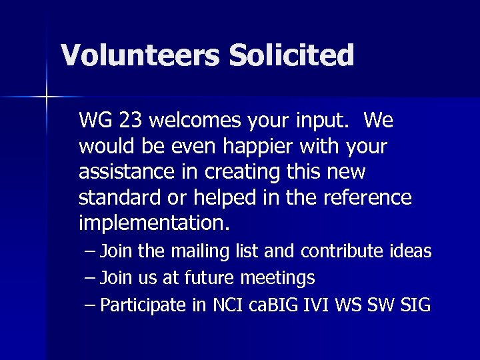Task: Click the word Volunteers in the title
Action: (140, 55)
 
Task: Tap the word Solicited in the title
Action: (291, 55)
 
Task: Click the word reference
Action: (367, 197)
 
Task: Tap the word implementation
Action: (154, 223)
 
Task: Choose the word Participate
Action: (143, 305)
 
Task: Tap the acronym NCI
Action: (228, 305)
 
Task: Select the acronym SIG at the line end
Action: (415, 305)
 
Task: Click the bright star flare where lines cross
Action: (47, 97)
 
